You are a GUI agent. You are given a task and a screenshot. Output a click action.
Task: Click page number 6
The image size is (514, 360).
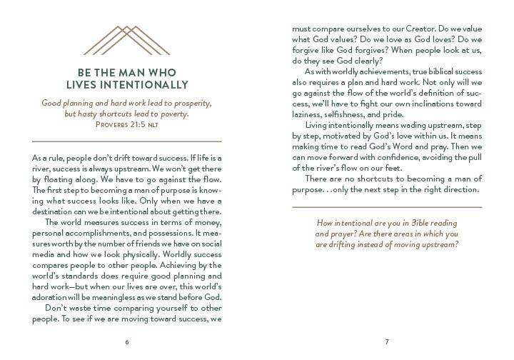tap(126, 341)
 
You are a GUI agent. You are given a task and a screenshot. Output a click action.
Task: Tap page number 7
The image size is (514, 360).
tap(386, 341)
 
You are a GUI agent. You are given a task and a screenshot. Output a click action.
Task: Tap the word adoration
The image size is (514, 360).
tap(54, 297)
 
